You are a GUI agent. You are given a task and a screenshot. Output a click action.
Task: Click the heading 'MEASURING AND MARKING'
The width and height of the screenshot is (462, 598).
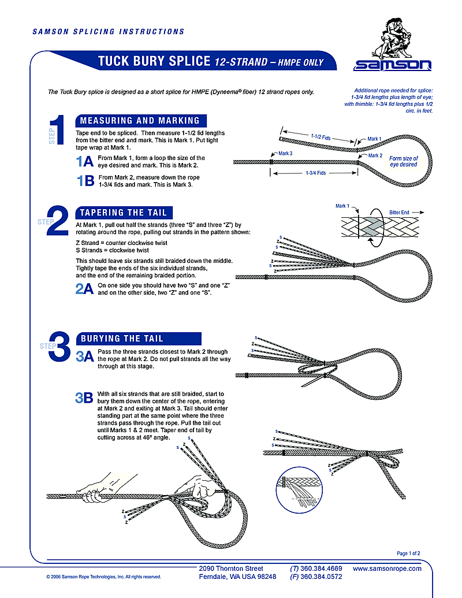coord(139,121)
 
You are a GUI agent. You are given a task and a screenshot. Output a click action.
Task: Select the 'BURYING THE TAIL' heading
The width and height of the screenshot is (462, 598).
coord(122,339)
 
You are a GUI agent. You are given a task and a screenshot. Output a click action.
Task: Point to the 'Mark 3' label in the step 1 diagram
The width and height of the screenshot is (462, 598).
coord(285,154)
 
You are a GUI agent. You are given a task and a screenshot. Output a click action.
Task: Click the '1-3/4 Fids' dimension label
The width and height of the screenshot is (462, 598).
coord(315,173)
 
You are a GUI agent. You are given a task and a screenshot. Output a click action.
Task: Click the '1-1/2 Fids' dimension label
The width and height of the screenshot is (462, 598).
coord(319,137)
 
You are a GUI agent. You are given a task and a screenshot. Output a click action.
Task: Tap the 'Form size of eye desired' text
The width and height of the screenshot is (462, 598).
coord(403,161)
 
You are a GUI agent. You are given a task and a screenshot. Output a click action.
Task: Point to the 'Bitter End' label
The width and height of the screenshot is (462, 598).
coord(398,213)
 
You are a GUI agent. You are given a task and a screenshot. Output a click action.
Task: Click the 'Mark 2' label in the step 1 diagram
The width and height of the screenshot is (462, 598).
coord(375,155)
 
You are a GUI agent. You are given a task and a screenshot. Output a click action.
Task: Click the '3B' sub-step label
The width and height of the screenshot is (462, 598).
coord(84,398)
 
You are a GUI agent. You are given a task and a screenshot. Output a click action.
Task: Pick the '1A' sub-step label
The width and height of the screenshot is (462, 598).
coord(85,162)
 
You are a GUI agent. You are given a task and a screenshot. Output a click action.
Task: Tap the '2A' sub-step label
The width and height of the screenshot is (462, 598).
coord(84,289)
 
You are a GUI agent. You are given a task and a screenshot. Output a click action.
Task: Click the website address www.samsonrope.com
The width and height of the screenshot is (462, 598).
coord(387,569)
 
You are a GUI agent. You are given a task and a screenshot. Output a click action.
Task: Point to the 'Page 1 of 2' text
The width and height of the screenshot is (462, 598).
coord(408,554)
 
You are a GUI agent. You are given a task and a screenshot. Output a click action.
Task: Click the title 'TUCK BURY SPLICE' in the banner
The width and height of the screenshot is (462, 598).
coord(154,62)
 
